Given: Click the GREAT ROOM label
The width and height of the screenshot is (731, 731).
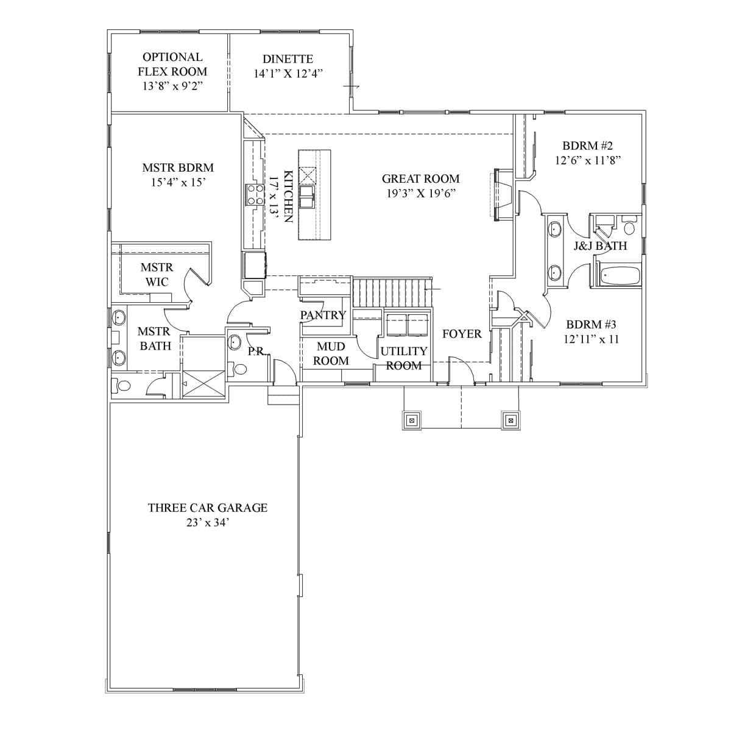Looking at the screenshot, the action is (420, 178).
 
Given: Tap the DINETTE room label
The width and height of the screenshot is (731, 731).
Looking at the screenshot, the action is (288, 59).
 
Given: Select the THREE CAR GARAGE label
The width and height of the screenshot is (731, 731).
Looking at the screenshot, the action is (208, 507).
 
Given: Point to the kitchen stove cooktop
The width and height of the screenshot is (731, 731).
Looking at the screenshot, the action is (255, 194).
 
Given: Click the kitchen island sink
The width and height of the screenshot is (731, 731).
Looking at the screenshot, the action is (306, 197).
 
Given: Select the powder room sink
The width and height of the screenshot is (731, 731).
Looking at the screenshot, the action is (235, 342).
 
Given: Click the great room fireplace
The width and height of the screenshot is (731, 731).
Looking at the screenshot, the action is (503, 194).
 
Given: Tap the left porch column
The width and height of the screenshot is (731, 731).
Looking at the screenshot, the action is (412, 420).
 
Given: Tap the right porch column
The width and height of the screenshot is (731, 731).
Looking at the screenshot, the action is (510, 420).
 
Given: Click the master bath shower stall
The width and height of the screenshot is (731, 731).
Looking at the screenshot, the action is (203, 384).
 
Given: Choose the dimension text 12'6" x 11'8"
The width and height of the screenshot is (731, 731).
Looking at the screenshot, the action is (588, 160).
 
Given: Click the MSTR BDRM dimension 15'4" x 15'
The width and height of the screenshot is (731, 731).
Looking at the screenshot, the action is (178, 183).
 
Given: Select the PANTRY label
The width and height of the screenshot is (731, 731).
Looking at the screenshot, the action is (323, 315).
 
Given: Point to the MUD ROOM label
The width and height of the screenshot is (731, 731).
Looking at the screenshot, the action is (331, 353).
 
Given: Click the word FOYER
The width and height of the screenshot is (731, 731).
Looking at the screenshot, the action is (462, 334).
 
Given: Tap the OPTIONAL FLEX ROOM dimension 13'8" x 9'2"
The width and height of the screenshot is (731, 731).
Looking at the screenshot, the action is (172, 86).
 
